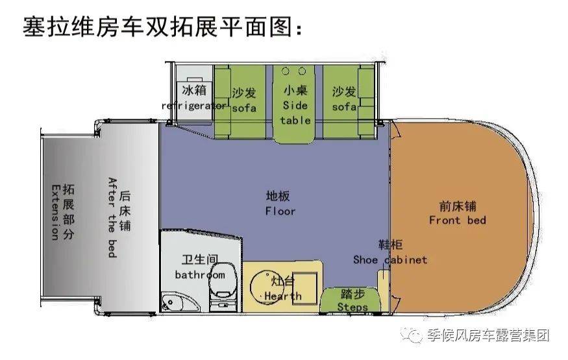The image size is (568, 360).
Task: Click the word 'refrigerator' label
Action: pyautogui.click(x=194, y=106)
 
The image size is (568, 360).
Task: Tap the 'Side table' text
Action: pyautogui.click(x=295, y=112)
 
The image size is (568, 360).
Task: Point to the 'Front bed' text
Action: pyautogui.click(x=457, y=220)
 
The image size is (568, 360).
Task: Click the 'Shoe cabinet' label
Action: pyautogui.click(x=390, y=259)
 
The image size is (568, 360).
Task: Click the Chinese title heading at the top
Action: pyautogui.click(x=162, y=28)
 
